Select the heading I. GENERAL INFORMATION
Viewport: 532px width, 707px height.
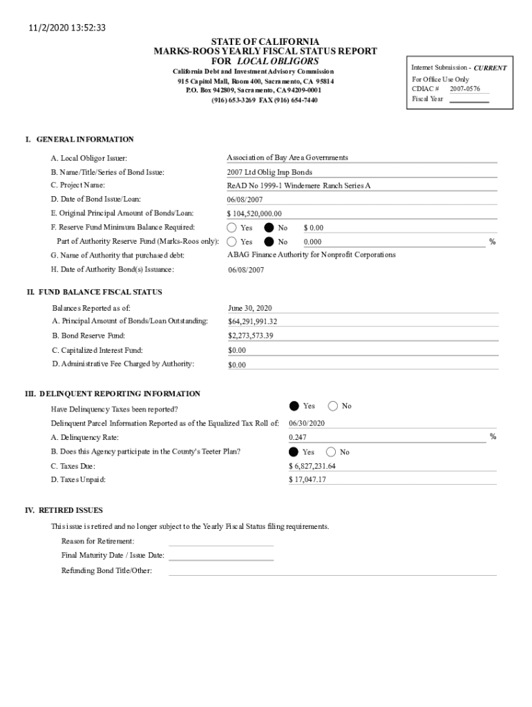pyautogui.click(x=79, y=139)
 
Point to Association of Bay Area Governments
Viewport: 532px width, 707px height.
pyautogui.click(x=287, y=157)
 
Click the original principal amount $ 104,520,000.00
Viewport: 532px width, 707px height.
pyautogui.click(x=254, y=213)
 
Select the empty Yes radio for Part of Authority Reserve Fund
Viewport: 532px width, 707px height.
pyautogui.click(x=231, y=242)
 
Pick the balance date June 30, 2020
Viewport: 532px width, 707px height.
pyautogui.click(x=250, y=308)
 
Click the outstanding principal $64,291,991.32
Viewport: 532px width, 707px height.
pyautogui.click(x=252, y=322)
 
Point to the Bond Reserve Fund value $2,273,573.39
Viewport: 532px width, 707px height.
pyautogui.click(x=251, y=336)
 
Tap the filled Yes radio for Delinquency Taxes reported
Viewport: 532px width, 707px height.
pyautogui.click(x=294, y=406)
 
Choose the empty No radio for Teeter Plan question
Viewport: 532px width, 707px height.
pyautogui.click(x=331, y=452)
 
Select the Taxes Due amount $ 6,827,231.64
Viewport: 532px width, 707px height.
pyautogui.click(x=312, y=466)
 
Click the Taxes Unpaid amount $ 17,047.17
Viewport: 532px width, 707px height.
pyautogui.click(x=307, y=480)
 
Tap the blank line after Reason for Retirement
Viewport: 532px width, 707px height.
pyautogui.click(x=221, y=541)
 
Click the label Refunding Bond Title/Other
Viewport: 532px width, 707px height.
pyautogui.click(x=106, y=570)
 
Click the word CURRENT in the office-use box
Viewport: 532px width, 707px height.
pyautogui.click(x=491, y=68)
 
